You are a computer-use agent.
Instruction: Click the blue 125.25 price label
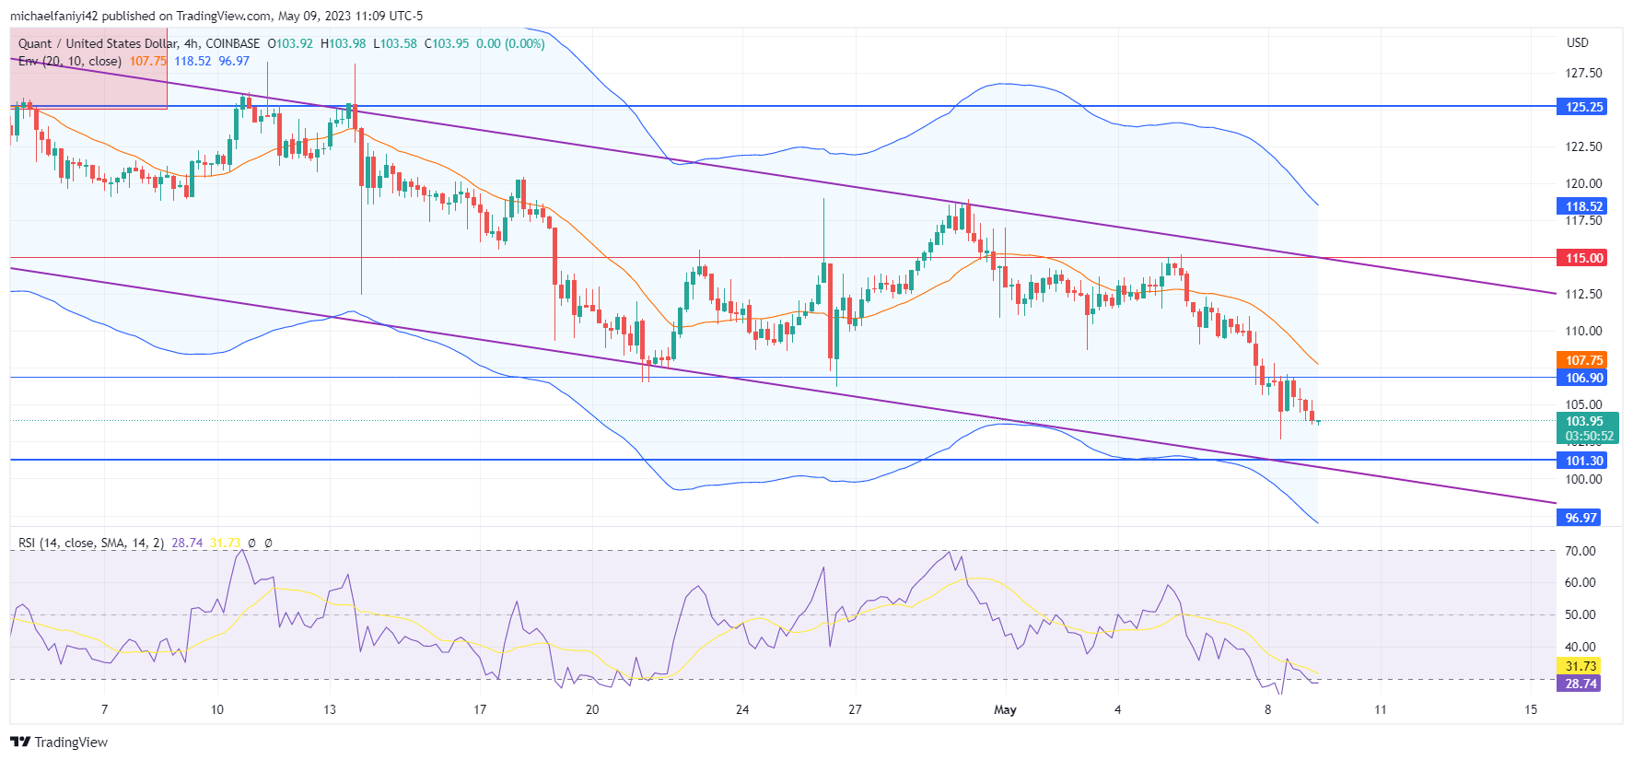[1584, 107]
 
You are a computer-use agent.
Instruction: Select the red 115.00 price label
[1584, 258]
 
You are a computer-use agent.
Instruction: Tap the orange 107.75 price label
[1584, 360]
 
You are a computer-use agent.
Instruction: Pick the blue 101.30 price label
[1584, 461]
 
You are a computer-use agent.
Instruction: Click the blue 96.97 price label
[1581, 518]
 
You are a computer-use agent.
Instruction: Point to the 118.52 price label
[1584, 206]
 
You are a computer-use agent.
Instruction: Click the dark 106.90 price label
[1584, 378]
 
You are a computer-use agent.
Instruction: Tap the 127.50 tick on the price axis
[1583, 73]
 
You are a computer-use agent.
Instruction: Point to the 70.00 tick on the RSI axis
[1581, 551]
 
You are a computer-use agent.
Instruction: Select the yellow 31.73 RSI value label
[1581, 666]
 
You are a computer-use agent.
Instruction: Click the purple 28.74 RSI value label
[1581, 684]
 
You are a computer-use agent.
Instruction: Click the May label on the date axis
[1005, 709]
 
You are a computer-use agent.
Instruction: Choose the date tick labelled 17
[480, 709]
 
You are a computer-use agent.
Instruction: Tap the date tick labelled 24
[742, 709]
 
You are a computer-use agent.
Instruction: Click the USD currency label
[1577, 42]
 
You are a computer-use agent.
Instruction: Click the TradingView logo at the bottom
[59, 742]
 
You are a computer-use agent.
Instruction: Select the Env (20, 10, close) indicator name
[70, 61]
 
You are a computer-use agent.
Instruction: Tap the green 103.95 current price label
[1584, 421]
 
